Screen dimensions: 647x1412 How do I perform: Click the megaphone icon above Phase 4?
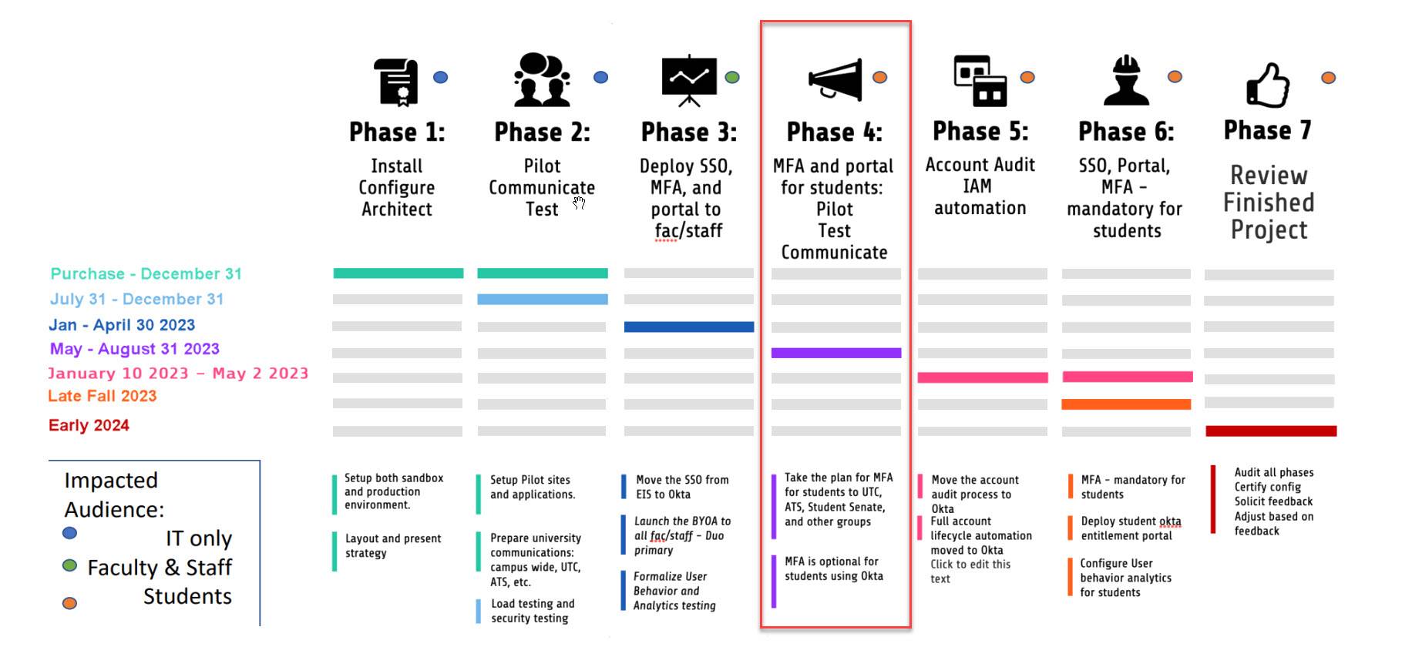[835, 79]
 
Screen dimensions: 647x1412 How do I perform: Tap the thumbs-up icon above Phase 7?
[1268, 85]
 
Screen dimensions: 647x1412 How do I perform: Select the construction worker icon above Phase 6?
[1126, 80]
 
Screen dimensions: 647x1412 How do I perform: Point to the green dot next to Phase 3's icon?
[732, 77]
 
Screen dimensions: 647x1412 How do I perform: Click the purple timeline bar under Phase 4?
[835, 353]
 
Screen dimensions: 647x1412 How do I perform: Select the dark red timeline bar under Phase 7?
[1270, 431]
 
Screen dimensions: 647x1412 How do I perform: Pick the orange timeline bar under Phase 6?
[1126, 404]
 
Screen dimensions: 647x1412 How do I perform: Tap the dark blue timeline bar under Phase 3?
[688, 327]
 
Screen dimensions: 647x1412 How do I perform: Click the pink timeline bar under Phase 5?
[982, 377]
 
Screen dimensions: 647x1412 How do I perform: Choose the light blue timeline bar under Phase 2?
[542, 299]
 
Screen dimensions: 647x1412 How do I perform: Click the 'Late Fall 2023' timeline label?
[103, 396]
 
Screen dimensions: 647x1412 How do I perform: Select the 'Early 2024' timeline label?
[89, 425]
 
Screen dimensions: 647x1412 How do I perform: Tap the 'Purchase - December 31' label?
[146, 274]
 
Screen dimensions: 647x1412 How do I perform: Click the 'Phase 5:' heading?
[980, 132]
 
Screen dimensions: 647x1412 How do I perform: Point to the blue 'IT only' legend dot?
[69, 533]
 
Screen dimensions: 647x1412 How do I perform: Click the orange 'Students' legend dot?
[69, 603]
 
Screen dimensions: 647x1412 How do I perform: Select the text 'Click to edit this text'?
[970, 572]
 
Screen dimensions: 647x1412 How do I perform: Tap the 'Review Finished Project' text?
[1269, 203]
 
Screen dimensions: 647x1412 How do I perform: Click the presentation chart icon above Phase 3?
[689, 80]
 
